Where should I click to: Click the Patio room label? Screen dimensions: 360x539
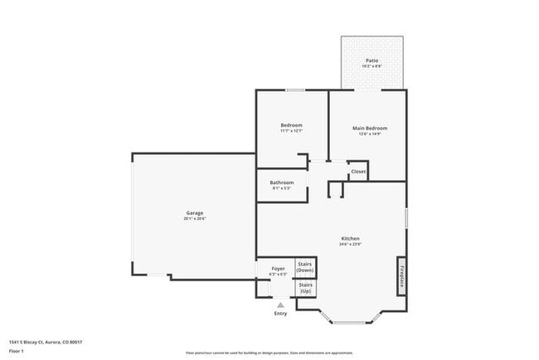point(373,61)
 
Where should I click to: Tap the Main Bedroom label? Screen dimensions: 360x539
point(370,128)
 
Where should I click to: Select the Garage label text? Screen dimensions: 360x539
point(194,213)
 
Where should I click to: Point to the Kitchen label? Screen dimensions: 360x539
point(349,238)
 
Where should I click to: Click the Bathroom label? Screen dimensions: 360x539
point(281,182)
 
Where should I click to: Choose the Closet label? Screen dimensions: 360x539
point(358,172)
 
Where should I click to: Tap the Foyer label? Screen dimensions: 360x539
point(279,268)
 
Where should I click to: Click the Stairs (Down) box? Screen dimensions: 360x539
point(305,267)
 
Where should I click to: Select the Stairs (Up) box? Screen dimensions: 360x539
point(305,288)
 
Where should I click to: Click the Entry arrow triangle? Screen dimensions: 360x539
point(280,305)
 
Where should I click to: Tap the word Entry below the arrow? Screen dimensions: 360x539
point(280,314)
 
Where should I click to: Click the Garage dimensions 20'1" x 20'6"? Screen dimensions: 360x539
point(194,219)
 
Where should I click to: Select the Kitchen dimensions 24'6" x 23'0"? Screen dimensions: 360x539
point(349,244)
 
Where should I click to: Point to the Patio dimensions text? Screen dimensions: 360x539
point(373,66)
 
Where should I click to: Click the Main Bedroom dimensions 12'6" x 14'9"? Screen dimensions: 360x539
point(370,134)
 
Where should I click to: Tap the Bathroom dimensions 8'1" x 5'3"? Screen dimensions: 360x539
point(281,188)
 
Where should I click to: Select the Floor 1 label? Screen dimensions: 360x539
point(17,352)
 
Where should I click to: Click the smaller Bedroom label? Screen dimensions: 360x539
point(291,125)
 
